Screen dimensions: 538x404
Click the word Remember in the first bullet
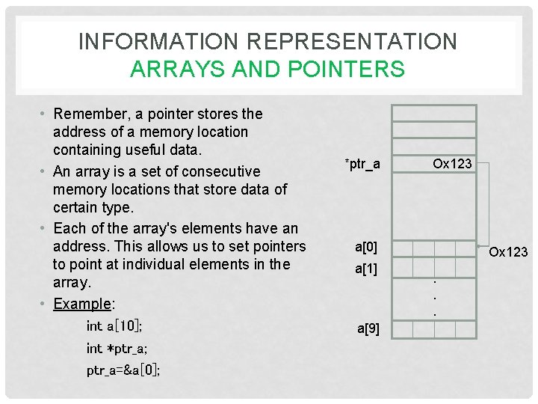(89, 114)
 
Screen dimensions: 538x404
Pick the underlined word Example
(81, 304)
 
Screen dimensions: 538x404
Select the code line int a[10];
(115, 326)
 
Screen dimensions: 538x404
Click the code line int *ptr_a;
(117, 348)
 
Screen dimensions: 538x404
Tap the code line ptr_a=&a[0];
(123, 370)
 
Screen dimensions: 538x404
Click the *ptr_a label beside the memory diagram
(362, 164)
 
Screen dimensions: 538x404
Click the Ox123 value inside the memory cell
(453, 164)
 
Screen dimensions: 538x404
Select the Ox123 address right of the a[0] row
(508, 253)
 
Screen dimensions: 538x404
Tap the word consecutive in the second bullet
(223, 171)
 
